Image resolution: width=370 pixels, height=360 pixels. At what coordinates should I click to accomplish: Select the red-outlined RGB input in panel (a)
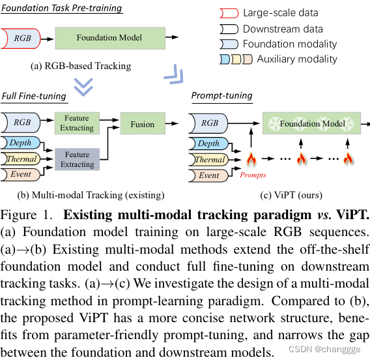click(x=22, y=39)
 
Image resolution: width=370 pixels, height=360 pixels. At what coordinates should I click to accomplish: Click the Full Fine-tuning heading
click(x=34, y=96)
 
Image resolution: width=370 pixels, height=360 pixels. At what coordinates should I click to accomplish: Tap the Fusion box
click(x=142, y=124)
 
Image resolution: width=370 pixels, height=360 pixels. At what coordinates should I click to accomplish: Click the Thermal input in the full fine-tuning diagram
click(x=21, y=158)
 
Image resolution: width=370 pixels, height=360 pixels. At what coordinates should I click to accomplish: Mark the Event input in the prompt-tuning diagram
click(x=209, y=175)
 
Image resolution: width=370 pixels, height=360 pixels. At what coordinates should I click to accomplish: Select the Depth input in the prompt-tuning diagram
click(x=209, y=143)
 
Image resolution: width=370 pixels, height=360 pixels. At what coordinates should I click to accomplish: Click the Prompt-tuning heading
click(x=221, y=96)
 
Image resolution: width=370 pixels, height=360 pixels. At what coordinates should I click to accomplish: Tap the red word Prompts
click(x=253, y=175)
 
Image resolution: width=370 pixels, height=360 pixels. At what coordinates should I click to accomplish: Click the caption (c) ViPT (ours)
click(x=291, y=194)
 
